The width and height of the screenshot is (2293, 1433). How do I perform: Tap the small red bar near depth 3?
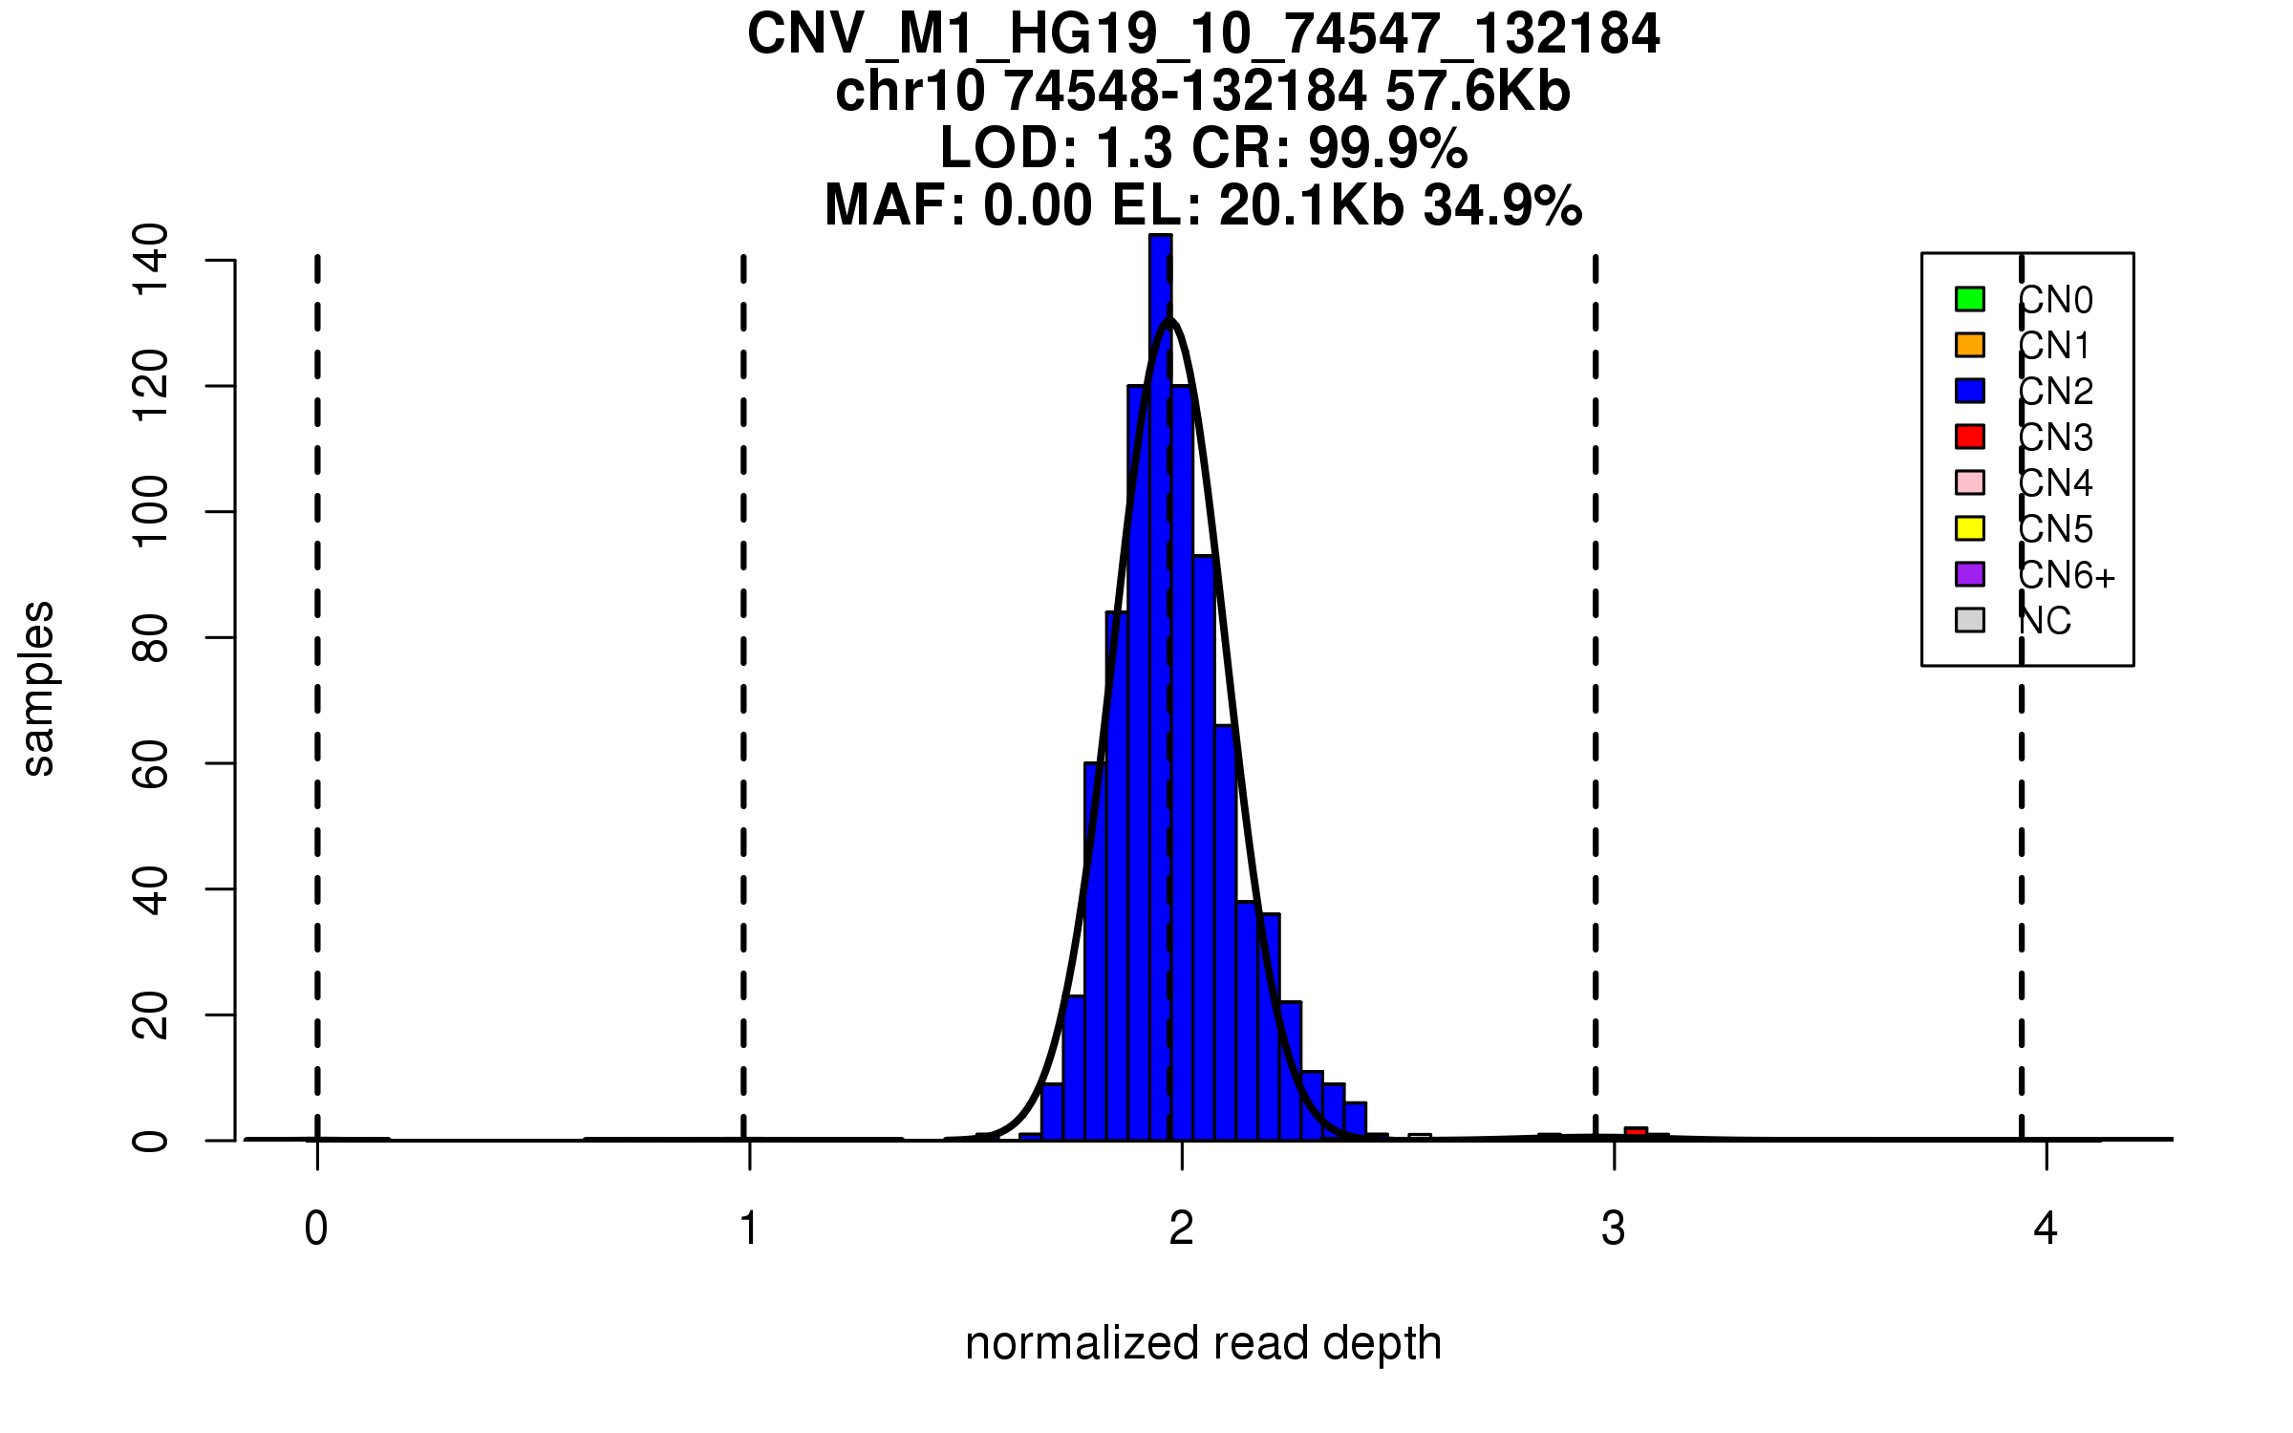click(x=1636, y=1133)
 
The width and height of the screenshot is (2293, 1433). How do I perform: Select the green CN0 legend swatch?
click(x=1969, y=299)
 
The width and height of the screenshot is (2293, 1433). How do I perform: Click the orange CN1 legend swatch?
click(x=1969, y=345)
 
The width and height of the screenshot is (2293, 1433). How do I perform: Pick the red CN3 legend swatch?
click(x=1969, y=437)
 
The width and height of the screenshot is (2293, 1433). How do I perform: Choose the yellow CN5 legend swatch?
click(x=1969, y=528)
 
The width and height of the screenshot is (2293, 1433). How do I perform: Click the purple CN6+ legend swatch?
click(x=1969, y=574)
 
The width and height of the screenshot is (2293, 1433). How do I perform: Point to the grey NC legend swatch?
click(x=1969, y=620)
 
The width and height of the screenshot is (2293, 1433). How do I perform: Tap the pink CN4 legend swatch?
click(x=1969, y=482)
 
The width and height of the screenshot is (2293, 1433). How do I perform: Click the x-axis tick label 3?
click(x=1614, y=1229)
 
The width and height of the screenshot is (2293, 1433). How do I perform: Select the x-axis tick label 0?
click(x=316, y=1229)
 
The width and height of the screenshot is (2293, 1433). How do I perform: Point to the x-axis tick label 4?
click(x=2046, y=1229)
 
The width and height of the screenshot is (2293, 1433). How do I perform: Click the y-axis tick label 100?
click(x=150, y=512)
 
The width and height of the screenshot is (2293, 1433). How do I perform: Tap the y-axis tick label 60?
click(x=150, y=763)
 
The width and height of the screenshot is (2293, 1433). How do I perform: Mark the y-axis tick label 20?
click(x=150, y=1015)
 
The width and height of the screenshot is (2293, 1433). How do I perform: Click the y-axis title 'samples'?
click(x=38, y=688)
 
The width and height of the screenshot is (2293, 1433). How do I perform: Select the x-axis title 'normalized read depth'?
click(x=1203, y=1343)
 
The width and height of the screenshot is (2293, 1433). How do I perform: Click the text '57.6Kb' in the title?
click(x=1477, y=92)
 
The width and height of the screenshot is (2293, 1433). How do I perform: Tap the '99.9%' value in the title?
click(x=1387, y=149)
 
